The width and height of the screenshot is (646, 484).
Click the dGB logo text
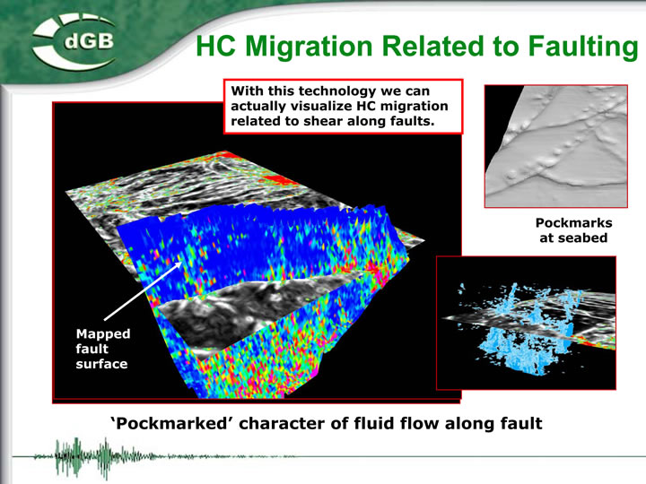(x=89, y=41)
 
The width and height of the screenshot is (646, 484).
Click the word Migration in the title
(x=309, y=46)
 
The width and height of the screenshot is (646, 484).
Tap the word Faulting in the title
(x=583, y=47)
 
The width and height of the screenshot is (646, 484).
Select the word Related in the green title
(x=432, y=46)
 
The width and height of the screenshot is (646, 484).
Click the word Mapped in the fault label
(x=103, y=333)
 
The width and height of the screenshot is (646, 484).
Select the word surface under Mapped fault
(x=101, y=364)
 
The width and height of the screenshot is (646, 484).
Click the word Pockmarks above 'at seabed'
(x=573, y=222)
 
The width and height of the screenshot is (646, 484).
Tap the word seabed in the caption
(x=584, y=238)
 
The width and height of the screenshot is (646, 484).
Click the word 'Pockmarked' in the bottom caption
(x=169, y=423)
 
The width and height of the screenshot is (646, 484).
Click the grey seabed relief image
(x=556, y=146)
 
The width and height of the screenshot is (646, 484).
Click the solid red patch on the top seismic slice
(x=277, y=180)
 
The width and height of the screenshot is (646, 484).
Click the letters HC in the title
(x=215, y=46)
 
